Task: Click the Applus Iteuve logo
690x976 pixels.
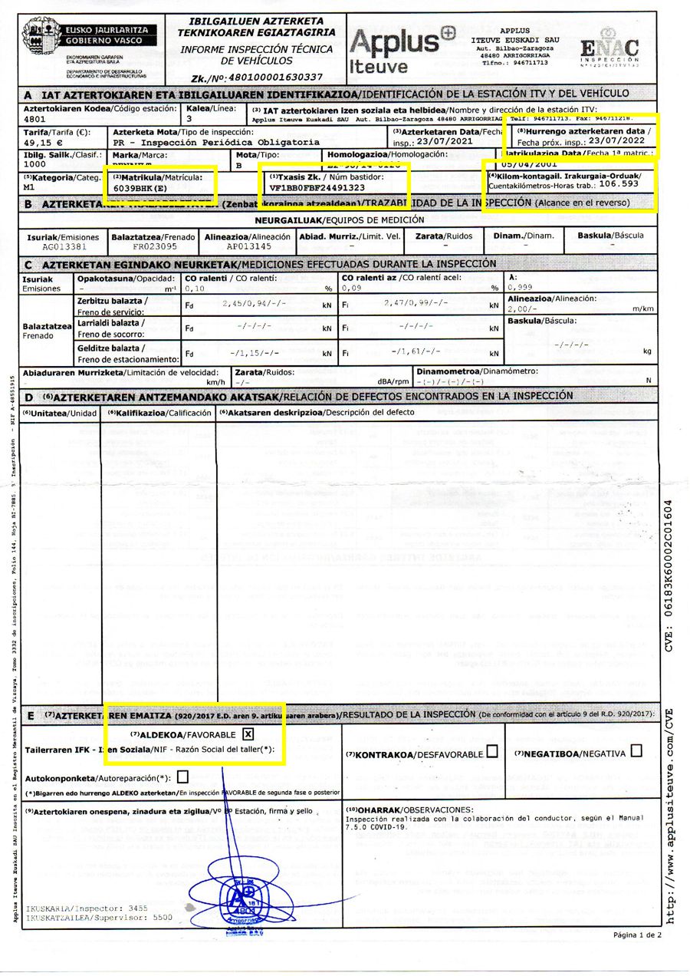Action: tap(402, 51)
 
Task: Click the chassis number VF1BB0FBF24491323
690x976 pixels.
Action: tap(318, 187)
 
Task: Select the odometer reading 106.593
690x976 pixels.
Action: tap(619, 184)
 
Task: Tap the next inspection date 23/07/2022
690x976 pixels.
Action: tap(612, 142)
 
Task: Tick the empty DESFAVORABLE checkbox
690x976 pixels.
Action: tap(492, 752)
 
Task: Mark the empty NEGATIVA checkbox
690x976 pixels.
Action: tap(636, 752)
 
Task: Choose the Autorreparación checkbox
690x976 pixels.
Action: tap(182, 777)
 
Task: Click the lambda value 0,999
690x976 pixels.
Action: tap(521, 288)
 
